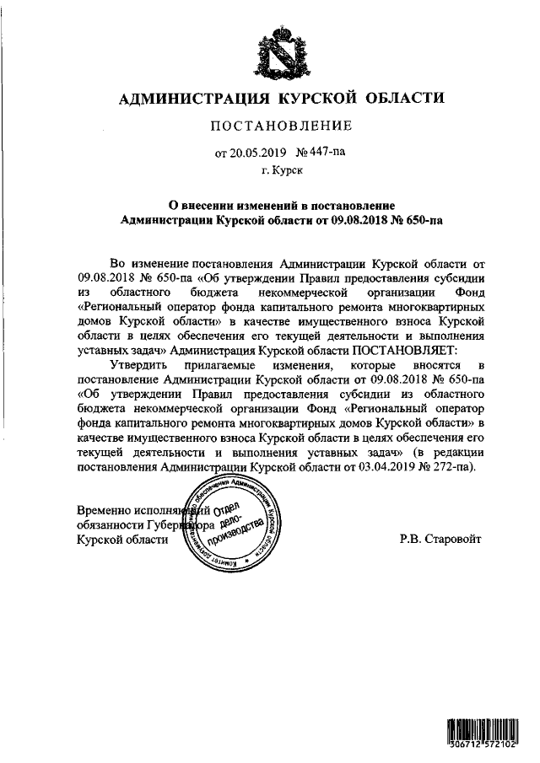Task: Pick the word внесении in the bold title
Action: [219, 205]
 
